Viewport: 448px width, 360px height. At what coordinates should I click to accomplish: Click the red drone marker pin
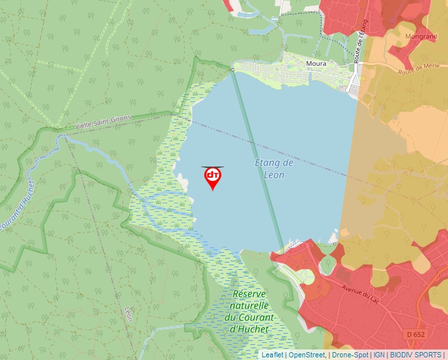click(213, 177)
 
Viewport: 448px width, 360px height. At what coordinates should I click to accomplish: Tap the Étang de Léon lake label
click(273, 168)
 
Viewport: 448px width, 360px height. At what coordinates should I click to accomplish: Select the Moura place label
click(317, 64)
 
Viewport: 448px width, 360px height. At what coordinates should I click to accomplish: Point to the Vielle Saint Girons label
click(103, 122)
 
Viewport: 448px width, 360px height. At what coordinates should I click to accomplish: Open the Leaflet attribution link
click(272, 355)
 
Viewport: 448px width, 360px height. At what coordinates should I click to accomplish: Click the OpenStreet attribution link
click(307, 355)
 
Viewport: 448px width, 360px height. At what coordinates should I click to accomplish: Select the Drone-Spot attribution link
click(350, 355)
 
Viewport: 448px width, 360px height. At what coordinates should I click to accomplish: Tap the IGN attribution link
click(379, 355)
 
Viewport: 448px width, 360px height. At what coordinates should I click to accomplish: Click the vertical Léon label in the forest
click(128, 314)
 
